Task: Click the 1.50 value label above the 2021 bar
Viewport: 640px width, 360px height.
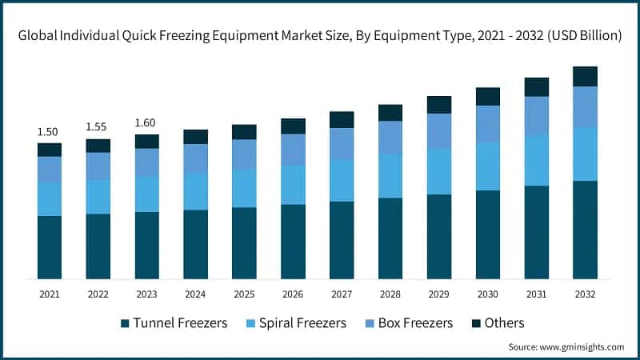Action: tap(49, 131)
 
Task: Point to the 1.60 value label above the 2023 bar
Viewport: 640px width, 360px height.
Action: tap(146, 122)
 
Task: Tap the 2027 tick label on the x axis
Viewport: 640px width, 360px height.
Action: tap(342, 294)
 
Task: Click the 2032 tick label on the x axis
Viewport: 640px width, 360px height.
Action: tap(585, 294)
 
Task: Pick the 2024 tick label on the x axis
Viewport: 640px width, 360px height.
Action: tap(195, 294)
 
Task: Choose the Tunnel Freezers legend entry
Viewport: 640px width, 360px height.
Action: tap(174, 323)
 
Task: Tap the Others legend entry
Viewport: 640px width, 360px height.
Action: tap(497, 323)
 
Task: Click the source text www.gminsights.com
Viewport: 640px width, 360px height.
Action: tap(581, 347)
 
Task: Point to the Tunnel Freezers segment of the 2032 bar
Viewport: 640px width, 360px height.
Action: tap(585, 230)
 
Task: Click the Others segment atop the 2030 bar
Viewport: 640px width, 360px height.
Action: tap(487, 96)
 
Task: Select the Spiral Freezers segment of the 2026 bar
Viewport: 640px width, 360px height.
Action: tap(293, 185)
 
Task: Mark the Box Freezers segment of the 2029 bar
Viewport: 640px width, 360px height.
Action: tap(438, 130)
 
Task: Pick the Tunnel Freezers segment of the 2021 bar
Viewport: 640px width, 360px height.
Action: tap(49, 247)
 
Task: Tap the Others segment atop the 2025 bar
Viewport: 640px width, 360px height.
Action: tap(244, 132)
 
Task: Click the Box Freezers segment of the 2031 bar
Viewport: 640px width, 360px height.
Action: tap(536, 115)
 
